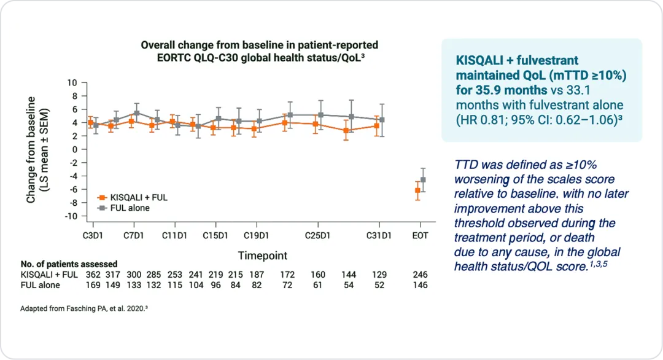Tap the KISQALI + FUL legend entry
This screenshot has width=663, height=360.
pyautogui.click(x=138, y=198)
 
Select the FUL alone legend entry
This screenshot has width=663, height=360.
pyautogui.click(x=130, y=208)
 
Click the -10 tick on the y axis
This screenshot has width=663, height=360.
pyautogui.click(x=72, y=216)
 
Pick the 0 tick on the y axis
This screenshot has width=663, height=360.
pyautogui.click(x=76, y=149)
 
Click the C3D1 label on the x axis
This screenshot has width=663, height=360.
pyautogui.click(x=93, y=236)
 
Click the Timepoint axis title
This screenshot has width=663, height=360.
pyautogui.click(x=262, y=255)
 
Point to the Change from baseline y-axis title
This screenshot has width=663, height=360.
pyautogui.click(x=37, y=149)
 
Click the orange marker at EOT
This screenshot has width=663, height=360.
pyautogui.click(x=417, y=190)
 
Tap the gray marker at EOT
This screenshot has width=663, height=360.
pyautogui.click(x=422, y=180)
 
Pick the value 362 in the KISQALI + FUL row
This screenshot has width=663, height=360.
pyautogui.click(x=92, y=275)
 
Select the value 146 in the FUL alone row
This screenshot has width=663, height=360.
pyautogui.click(x=421, y=285)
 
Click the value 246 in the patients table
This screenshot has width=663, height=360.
pyautogui.click(x=421, y=275)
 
